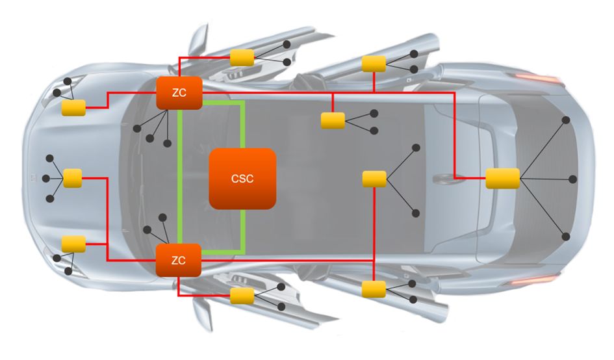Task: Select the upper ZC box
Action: coord(179,93)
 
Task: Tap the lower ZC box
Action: coord(179,261)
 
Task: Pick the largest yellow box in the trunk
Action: coord(502,178)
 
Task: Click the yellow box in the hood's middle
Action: coord(72,178)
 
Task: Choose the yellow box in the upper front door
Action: coord(242,57)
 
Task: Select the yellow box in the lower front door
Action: coord(242,296)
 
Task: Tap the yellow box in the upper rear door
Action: coord(374,64)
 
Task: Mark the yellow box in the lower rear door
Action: coord(374,289)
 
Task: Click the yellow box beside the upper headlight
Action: coord(73,109)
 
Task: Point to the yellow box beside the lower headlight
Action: coord(73,244)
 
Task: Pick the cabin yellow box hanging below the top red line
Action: coord(333,120)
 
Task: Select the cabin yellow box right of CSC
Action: coord(374,178)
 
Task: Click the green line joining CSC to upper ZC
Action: coord(243,123)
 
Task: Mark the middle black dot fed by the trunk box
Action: coord(572,179)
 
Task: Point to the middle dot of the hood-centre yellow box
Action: coord(45,178)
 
